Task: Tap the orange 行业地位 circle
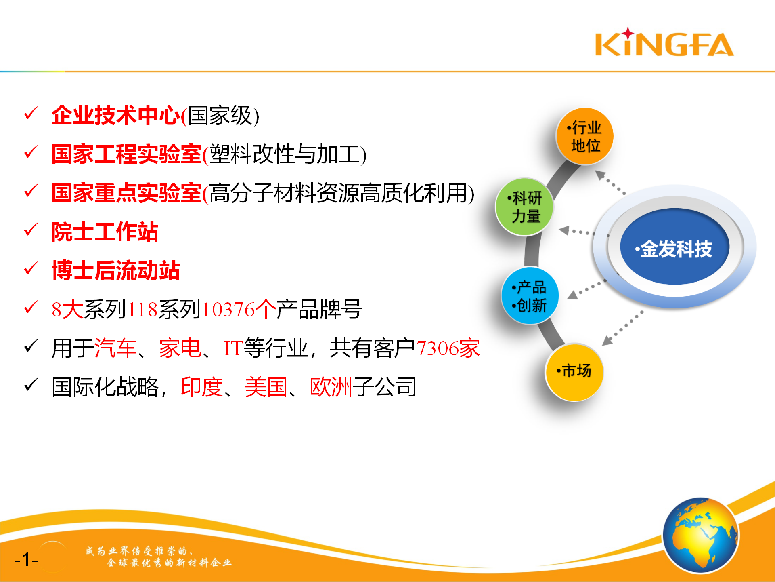click(x=585, y=136)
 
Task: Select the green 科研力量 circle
click(x=525, y=207)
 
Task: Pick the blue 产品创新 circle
click(x=530, y=295)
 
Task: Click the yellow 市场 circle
click(x=574, y=372)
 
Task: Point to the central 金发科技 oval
click(x=675, y=247)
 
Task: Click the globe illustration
click(x=701, y=535)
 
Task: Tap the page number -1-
click(x=26, y=560)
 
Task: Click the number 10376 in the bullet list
click(x=228, y=310)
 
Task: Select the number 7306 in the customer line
click(x=437, y=348)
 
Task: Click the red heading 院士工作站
click(x=105, y=232)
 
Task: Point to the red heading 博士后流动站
click(x=116, y=271)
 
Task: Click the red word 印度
click(x=202, y=387)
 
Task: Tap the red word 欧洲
click(x=331, y=387)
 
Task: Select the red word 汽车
click(x=115, y=348)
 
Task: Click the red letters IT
click(x=234, y=348)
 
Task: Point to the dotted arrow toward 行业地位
click(x=610, y=182)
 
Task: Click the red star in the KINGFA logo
click(x=628, y=33)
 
